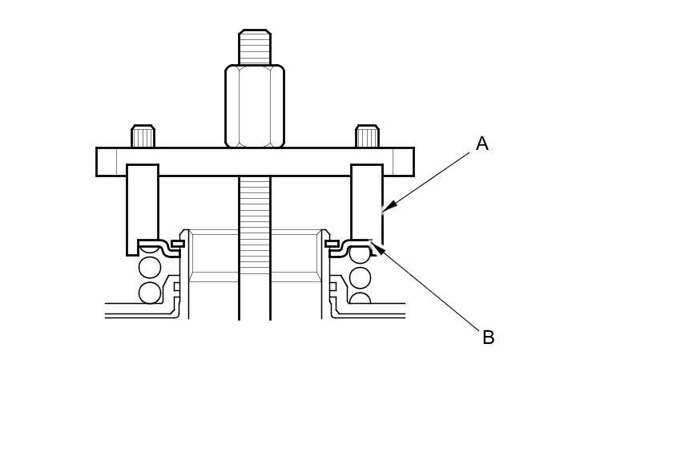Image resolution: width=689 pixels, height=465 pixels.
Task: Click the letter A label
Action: pyautogui.click(x=481, y=144)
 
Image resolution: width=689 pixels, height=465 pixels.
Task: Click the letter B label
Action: pyautogui.click(x=488, y=338)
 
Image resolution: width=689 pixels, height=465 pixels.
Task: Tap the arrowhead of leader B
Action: pyautogui.click(x=377, y=248)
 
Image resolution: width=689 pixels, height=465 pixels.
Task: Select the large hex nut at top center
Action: pyautogui.click(x=255, y=107)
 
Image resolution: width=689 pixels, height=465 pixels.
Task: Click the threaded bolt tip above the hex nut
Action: pyautogui.click(x=255, y=47)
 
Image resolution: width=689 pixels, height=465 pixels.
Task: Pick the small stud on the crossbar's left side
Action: pyautogui.click(x=143, y=136)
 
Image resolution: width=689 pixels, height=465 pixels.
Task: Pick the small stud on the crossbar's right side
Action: pyautogui.click(x=367, y=136)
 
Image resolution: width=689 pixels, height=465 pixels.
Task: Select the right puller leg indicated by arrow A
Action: pyautogui.click(x=367, y=200)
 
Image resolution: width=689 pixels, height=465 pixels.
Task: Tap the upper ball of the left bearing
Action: pyautogui.click(x=150, y=267)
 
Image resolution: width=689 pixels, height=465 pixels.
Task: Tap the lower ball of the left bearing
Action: pyautogui.click(x=150, y=293)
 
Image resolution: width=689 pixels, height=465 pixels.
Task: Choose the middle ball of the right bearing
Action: pyautogui.click(x=360, y=277)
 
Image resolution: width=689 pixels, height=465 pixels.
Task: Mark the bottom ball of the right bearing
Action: pyautogui.click(x=360, y=299)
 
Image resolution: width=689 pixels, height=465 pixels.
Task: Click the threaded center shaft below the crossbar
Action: pyautogui.click(x=255, y=241)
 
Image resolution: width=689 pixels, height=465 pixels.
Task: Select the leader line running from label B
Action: pyautogui.click(x=429, y=290)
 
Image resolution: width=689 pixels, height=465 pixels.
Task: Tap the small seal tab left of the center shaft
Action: pyautogui.click(x=177, y=243)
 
